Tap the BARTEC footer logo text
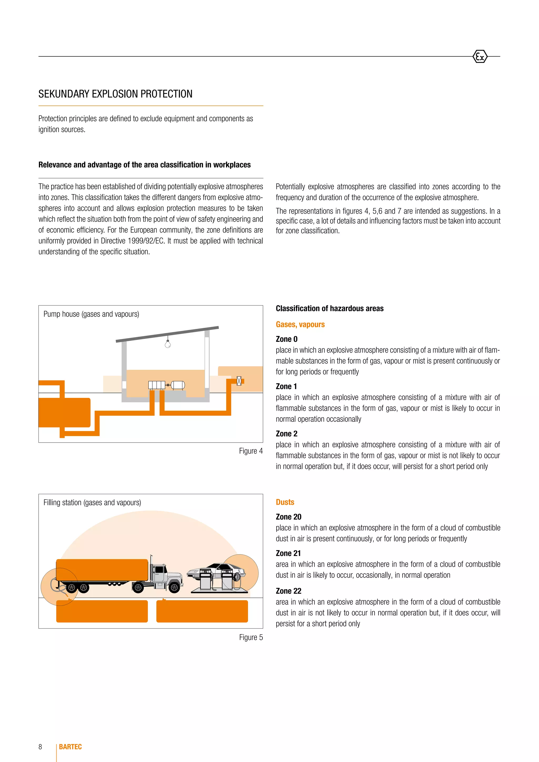(70, 746)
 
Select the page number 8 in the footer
(40, 746)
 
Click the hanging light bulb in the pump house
(168, 344)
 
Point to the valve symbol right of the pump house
(239, 381)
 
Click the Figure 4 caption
(251, 451)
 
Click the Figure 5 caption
(251, 637)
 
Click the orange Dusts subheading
(285, 502)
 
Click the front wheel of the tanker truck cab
(174, 588)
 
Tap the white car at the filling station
(216, 571)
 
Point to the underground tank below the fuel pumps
(202, 611)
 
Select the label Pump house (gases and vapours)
(91, 314)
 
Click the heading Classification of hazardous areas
(329, 308)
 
